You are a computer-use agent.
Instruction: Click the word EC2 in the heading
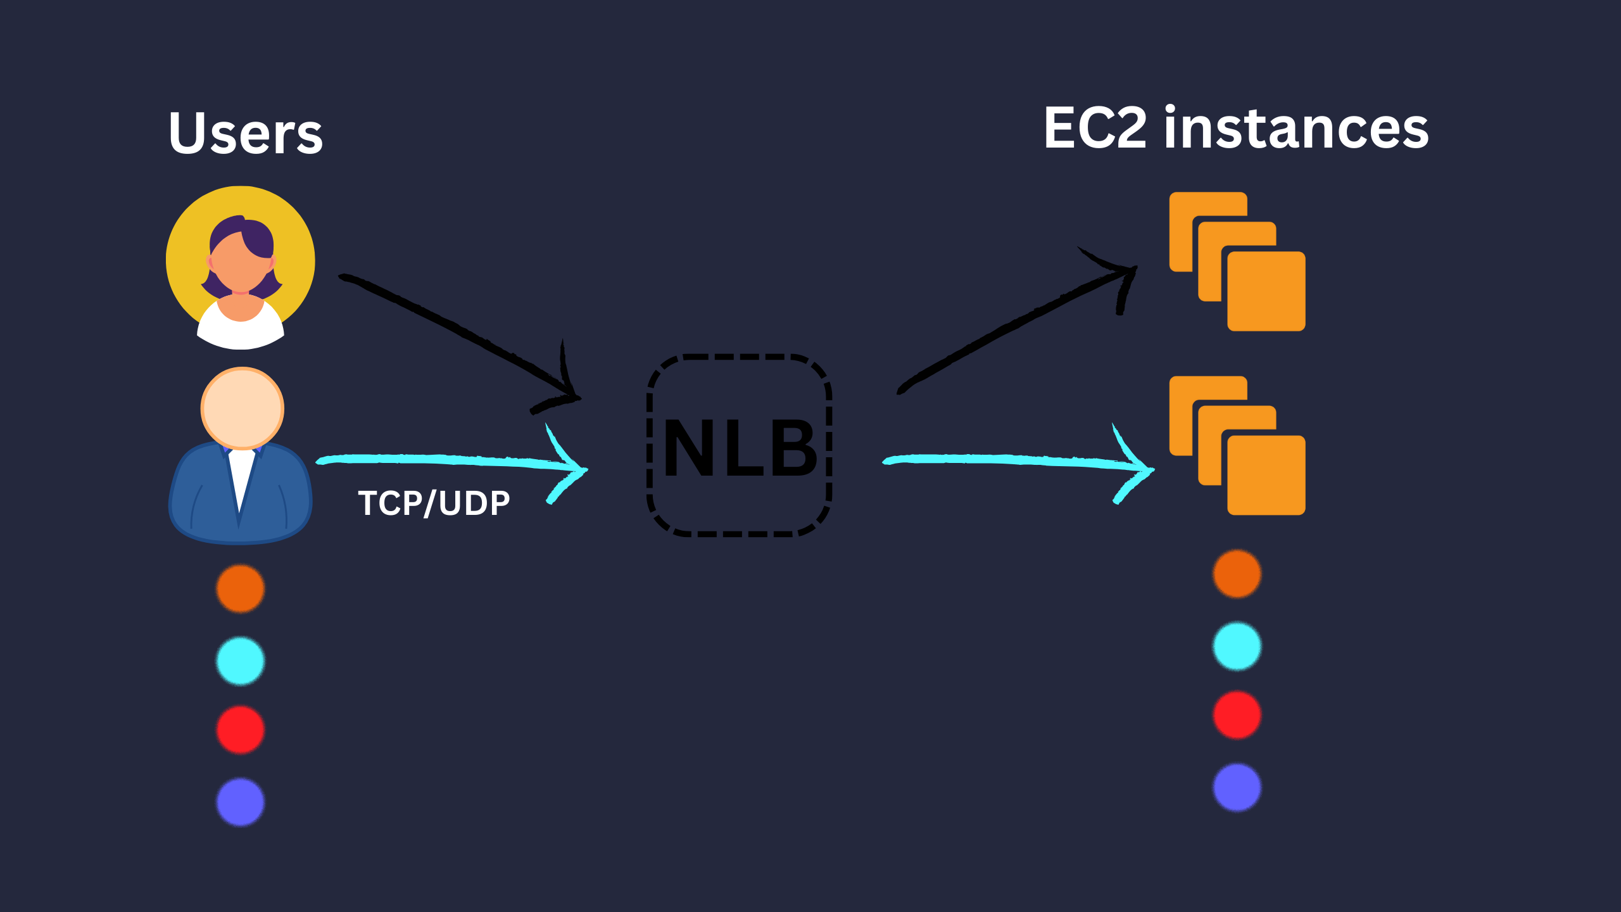pyautogui.click(x=1095, y=129)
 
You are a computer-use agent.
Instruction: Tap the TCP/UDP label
pyautogui.click(x=434, y=503)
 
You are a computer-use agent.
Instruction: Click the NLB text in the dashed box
pyautogui.click(x=740, y=448)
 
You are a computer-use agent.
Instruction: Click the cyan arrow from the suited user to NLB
pyautogui.click(x=443, y=460)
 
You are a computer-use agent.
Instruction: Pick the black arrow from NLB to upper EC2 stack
pyautogui.click(x=1013, y=329)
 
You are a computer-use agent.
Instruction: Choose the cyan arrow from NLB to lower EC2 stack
pyautogui.click(x=1013, y=460)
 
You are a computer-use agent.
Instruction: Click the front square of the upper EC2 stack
pyautogui.click(x=1266, y=291)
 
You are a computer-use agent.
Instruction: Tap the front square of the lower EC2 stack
pyautogui.click(x=1266, y=475)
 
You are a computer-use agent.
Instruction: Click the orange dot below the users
pyautogui.click(x=241, y=588)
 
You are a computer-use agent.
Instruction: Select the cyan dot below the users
pyautogui.click(x=241, y=661)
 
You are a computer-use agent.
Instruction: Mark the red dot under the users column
pyautogui.click(x=241, y=730)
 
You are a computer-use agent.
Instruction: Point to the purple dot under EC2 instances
pyautogui.click(x=1237, y=787)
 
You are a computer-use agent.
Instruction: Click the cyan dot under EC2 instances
pyautogui.click(x=1237, y=646)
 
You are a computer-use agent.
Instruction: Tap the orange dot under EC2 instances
pyautogui.click(x=1237, y=574)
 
